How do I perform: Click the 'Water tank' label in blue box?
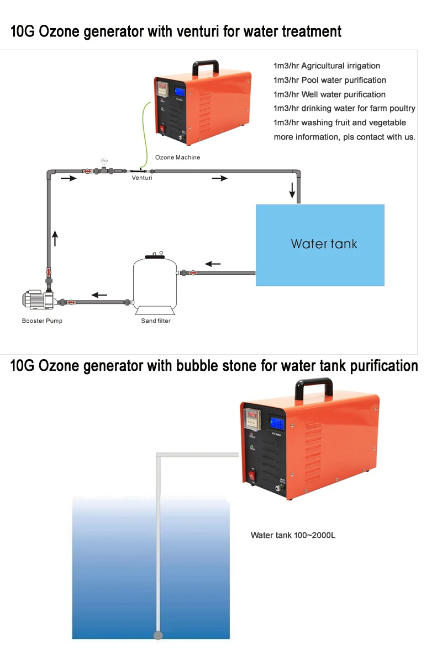coord(324,244)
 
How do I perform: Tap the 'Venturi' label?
coord(142,178)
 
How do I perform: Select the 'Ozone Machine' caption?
coord(177,157)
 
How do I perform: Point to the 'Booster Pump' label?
coord(42,321)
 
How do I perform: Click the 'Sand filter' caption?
coord(156,321)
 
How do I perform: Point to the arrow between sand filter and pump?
coord(99,295)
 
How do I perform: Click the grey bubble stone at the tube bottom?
coord(158,636)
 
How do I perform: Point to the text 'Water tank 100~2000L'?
coord(293,535)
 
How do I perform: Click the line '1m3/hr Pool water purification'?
coord(330,80)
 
